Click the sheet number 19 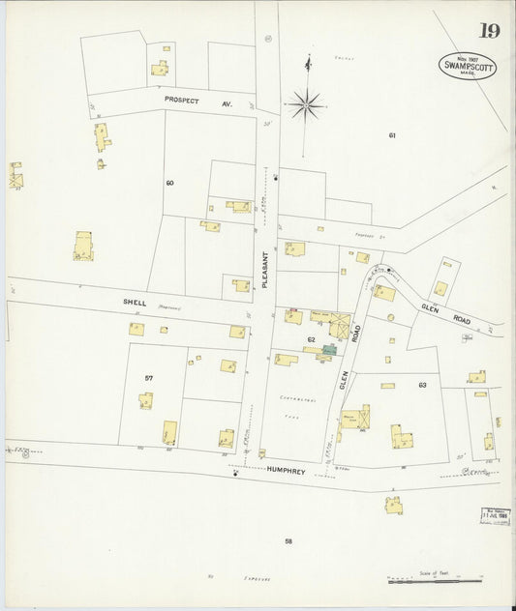(488, 31)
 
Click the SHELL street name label (134, 302)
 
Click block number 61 (392, 134)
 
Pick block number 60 (169, 182)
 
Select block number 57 (148, 377)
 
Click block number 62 (311, 339)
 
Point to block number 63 (422, 386)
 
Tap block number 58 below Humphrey (288, 540)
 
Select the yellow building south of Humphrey (394, 504)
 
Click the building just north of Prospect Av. (159, 68)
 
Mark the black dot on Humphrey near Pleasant (235, 474)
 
